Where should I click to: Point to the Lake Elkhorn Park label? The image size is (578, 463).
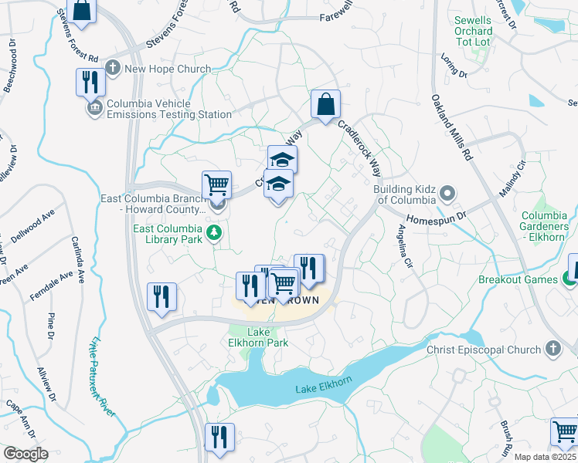click(258, 336)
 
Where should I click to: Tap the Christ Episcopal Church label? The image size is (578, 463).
click(482, 350)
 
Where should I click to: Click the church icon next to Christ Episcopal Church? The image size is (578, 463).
click(552, 350)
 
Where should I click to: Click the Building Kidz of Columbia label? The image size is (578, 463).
click(404, 194)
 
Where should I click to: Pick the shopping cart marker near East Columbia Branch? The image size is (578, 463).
click(217, 185)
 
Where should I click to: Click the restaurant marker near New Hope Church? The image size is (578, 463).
click(90, 82)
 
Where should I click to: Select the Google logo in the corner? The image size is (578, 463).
click(25, 454)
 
